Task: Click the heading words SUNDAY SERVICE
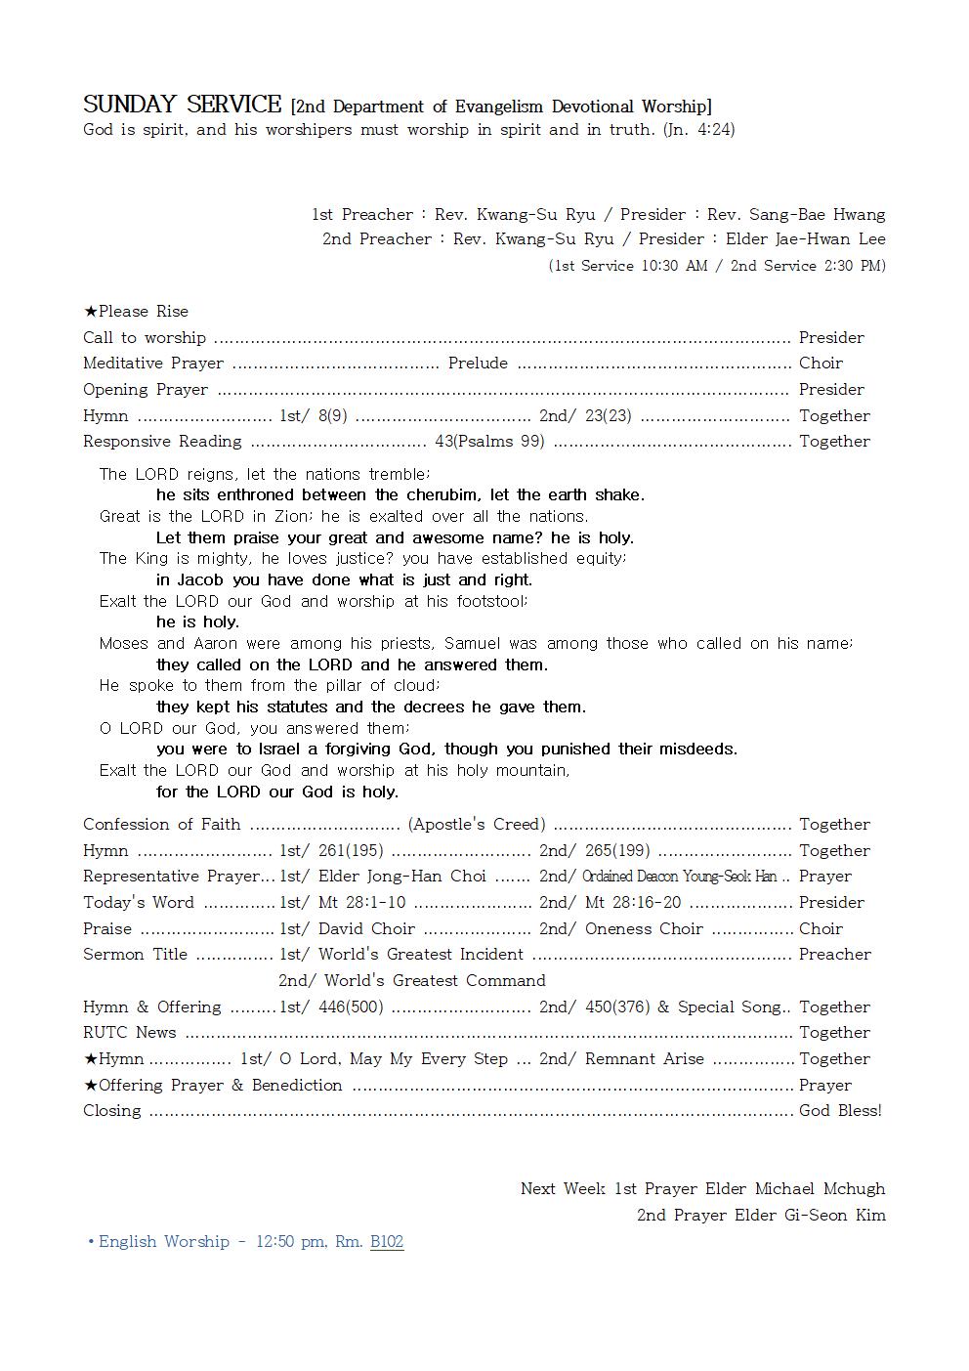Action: (x=182, y=105)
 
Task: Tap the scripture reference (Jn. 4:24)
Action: (x=698, y=129)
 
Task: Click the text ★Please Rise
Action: (x=136, y=311)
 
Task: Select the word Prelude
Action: (x=478, y=363)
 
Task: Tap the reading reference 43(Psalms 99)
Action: (x=489, y=441)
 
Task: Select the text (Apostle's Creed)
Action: (x=477, y=824)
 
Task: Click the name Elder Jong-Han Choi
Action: (x=400, y=876)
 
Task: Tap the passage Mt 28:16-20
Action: (x=633, y=902)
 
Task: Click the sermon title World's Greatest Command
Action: (x=435, y=980)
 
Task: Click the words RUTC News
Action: (x=130, y=1032)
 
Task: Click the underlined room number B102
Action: (x=387, y=1241)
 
